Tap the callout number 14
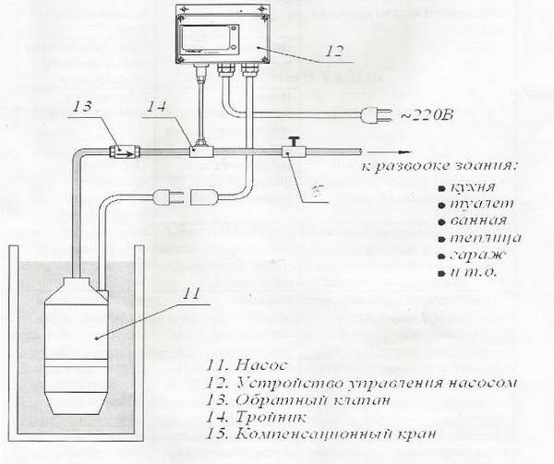click(158, 109)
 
